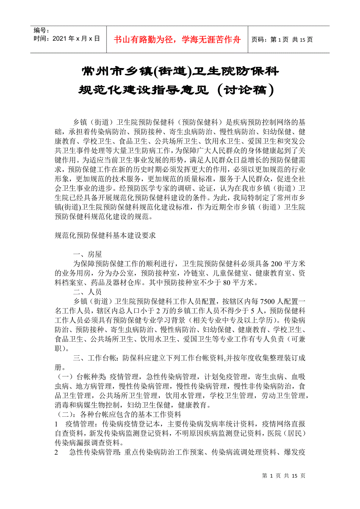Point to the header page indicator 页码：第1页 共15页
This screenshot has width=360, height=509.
(282, 39)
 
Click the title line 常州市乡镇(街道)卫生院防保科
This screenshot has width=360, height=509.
(180, 72)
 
